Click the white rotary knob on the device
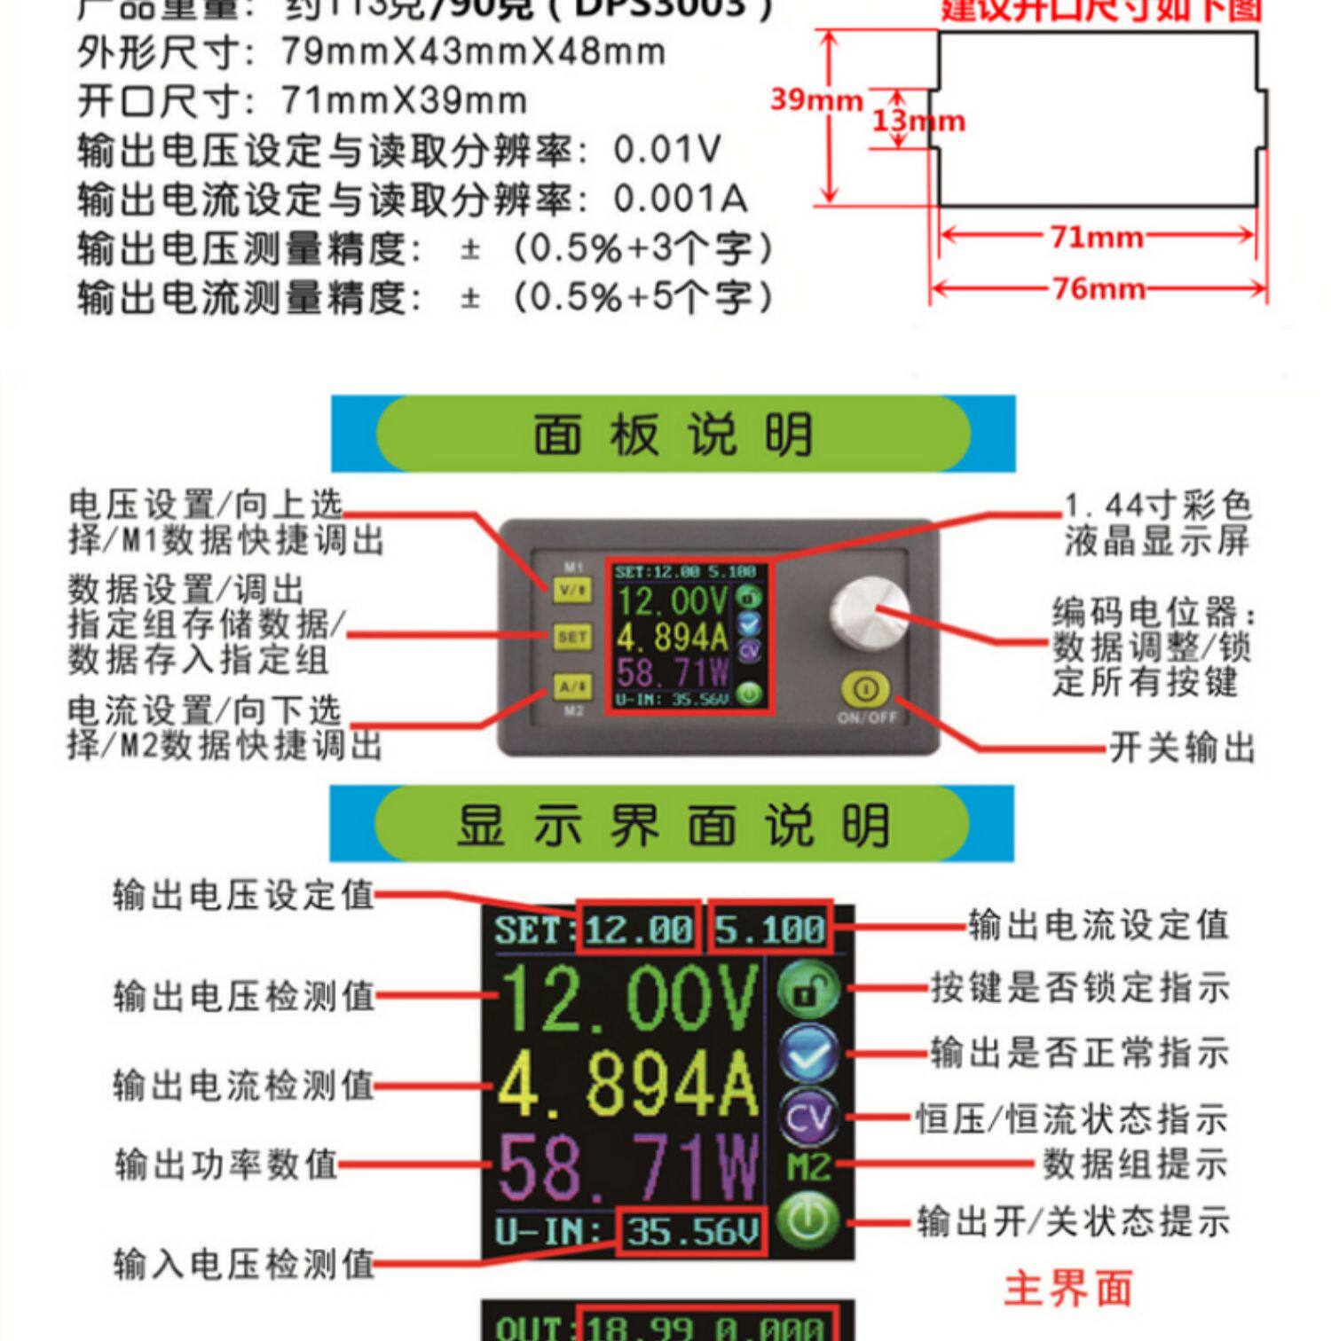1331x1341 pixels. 868,612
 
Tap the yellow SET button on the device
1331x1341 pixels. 571,637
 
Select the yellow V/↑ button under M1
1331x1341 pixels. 571,589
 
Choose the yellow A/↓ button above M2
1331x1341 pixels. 571,686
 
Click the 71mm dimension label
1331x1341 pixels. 1097,238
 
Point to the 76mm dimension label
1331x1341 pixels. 1099,289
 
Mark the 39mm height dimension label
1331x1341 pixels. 815,99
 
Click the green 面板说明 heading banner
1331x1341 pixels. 673,435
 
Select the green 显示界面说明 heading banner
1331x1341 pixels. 672,825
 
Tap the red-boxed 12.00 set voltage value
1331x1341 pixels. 639,929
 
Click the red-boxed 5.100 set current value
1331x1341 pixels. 770,929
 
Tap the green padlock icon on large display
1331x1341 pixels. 808,990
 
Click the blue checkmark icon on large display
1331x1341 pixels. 808,1054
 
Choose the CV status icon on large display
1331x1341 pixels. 808,1117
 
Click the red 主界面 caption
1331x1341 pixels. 1068,1289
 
